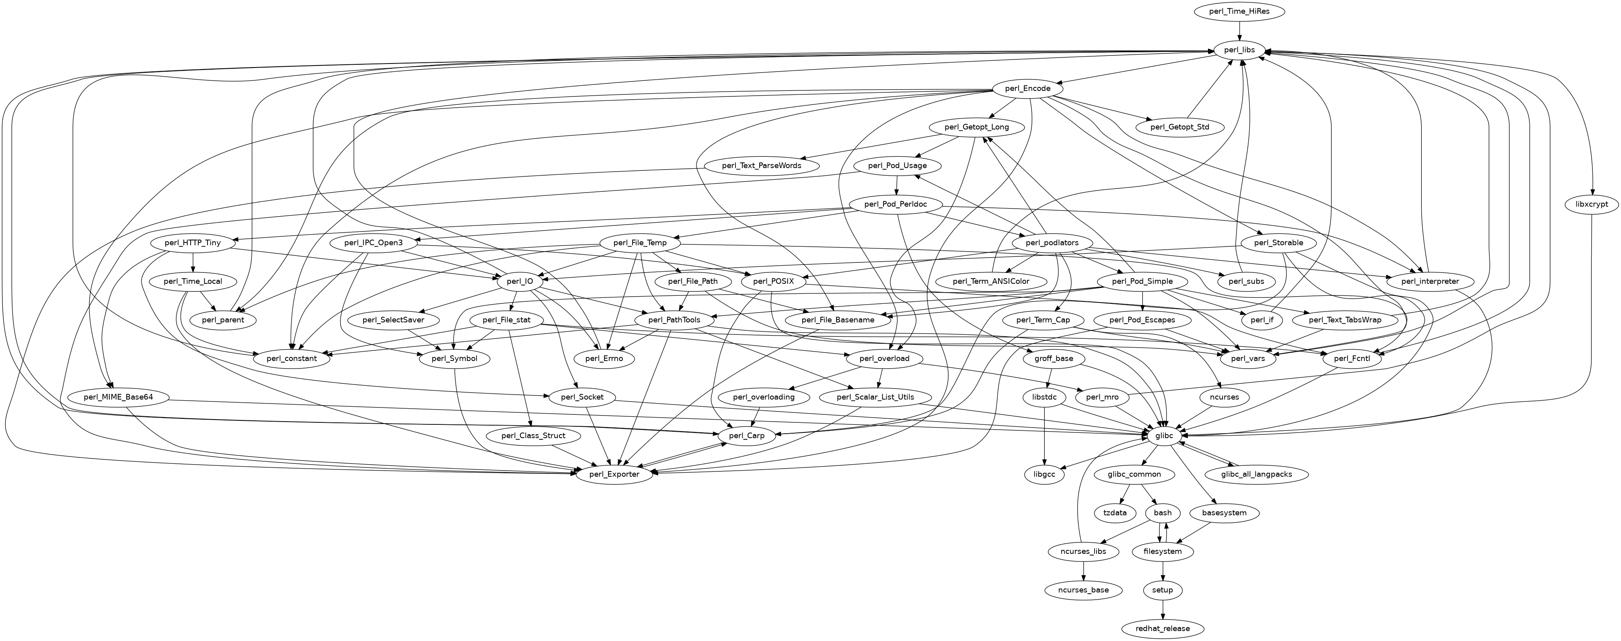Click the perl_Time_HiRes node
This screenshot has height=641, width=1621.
point(1239,11)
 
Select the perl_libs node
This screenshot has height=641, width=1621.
point(1239,50)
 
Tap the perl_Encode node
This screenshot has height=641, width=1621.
point(1027,89)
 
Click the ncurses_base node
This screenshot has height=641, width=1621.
point(1084,590)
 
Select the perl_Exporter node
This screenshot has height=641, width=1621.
point(614,474)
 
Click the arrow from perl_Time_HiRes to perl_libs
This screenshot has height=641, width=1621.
point(1239,31)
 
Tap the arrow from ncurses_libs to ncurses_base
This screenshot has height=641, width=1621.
point(1084,571)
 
